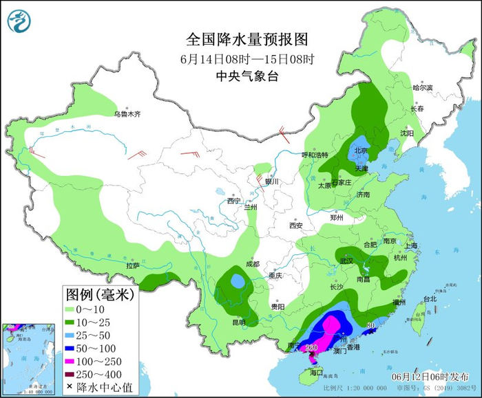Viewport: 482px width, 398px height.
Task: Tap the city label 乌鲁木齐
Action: [x=127, y=113]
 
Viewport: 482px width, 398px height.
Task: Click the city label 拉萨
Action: [x=133, y=265]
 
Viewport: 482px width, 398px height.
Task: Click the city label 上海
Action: [x=412, y=245]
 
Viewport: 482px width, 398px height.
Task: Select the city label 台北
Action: [x=430, y=299]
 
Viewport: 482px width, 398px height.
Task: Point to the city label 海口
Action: [x=316, y=372]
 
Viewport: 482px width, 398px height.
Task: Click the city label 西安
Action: [x=296, y=225]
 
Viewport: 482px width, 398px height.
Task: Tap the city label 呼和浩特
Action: [x=316, y=155]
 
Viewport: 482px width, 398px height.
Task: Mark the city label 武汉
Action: [x=346, y=261]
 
